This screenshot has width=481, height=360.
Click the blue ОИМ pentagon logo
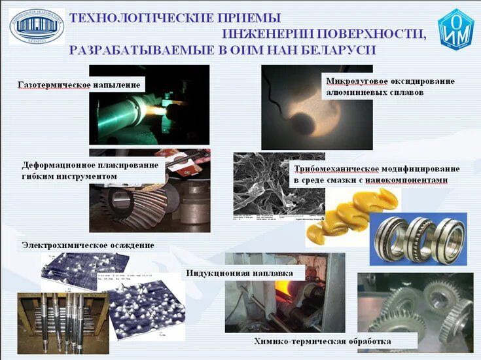coord(456,30)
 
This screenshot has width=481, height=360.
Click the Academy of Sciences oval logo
coord(36,27)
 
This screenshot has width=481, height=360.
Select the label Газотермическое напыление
coord(79,85)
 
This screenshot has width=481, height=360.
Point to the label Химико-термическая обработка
coord(323,341)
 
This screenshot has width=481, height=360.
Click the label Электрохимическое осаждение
coord(88,245)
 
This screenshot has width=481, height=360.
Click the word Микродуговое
coord(357,82)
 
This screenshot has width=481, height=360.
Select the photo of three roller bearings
coord(419,239)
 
